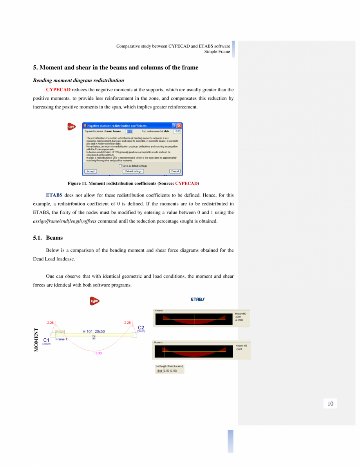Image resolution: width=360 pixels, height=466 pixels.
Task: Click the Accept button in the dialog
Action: click(x=91, y=171)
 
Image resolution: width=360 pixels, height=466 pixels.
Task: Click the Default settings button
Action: click(x=134, y=171)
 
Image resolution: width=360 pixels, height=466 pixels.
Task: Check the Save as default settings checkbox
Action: click(x=120, y=166)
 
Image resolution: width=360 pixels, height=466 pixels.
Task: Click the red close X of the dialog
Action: click(x=179, y=126)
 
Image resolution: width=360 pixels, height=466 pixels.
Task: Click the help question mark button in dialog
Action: click(x=174, y=126)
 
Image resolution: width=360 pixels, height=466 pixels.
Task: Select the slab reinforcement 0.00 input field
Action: click(x=177, y=131)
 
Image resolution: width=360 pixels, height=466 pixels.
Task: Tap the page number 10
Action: click(x=330, y=404)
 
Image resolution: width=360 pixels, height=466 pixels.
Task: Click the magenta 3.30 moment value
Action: click(x=98, y=353)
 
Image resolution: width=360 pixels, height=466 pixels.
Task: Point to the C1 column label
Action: click(x=46, y=340)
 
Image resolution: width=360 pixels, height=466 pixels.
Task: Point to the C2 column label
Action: click(x=141, y=327)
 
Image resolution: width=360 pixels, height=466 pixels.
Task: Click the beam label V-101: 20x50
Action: click(x=94, y=331)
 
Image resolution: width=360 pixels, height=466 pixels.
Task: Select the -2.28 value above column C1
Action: click(x=50, y=323)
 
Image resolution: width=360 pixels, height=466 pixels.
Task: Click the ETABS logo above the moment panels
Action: click(x=198, y=300)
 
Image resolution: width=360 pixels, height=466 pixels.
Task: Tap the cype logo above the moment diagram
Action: click(x=94, y=301)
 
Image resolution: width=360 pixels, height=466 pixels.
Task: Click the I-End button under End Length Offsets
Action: click(x=159, y=370)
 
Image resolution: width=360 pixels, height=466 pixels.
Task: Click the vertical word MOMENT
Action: click(x=36, y=339)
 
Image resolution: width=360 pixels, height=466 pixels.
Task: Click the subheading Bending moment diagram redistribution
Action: click(x=78, y=80)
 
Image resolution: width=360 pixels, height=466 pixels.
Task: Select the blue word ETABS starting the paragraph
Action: click(x=54, y=195)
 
